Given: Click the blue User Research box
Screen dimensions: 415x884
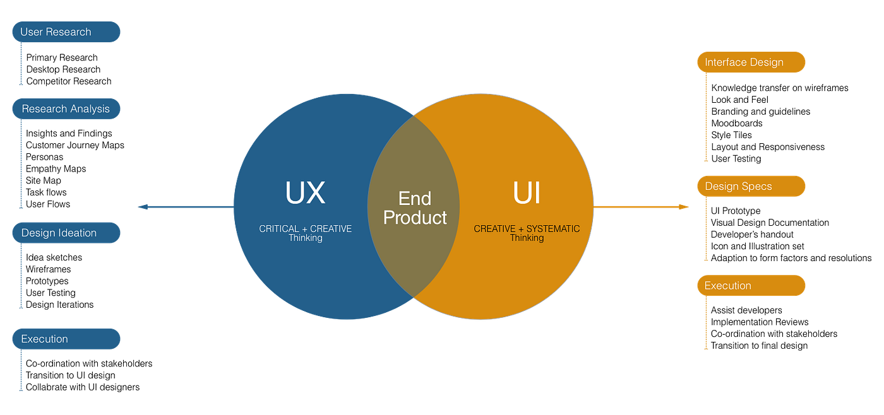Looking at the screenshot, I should pyautogui.click(x=66, y=32).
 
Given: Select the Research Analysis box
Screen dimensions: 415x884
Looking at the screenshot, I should pyautogui.click(x=66, y=109).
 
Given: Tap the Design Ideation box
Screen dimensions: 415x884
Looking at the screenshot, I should pyautogui.click(x=66, y=233).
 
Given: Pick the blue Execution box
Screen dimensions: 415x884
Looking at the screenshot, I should pyautogui.click(x=66, y=339).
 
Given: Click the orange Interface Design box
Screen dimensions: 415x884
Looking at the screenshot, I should pyautogui.click(x=751, y=62).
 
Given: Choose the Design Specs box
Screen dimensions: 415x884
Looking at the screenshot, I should pyautogui.click(x=751, y=187).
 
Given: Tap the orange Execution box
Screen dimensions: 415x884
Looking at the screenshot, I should pyautogui.click(x=751, y=286).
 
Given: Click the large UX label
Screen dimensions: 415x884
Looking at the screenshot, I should pyautogui.click(x=305, y=193).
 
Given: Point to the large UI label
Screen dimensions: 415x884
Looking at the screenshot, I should pyautogui.click(x=527, y=193).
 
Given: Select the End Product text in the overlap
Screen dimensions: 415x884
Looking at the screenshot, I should pyautogui.click(x=415, y=208).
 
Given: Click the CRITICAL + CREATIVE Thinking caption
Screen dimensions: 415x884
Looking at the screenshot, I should pyautogui.click(x=306, y=233).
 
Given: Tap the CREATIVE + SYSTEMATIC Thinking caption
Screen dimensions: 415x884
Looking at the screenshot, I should pyautogui.click(x=527, y=233).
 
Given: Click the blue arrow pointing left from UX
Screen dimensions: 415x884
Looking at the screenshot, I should pyautogui.click(x=183, y=207).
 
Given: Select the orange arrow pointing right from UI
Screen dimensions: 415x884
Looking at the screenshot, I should pyautogui.click(x=641, y=207).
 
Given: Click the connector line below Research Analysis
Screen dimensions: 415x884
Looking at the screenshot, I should pyautogui.click(x=21, y=164).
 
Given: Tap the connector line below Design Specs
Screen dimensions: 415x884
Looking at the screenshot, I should pyautogui.click(x=706, y=230).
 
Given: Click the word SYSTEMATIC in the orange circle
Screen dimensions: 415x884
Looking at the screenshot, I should pyautogui.click(x=552, y=229).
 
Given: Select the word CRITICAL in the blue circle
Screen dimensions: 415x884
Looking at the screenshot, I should pyautogui.click(x=278, y=229).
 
